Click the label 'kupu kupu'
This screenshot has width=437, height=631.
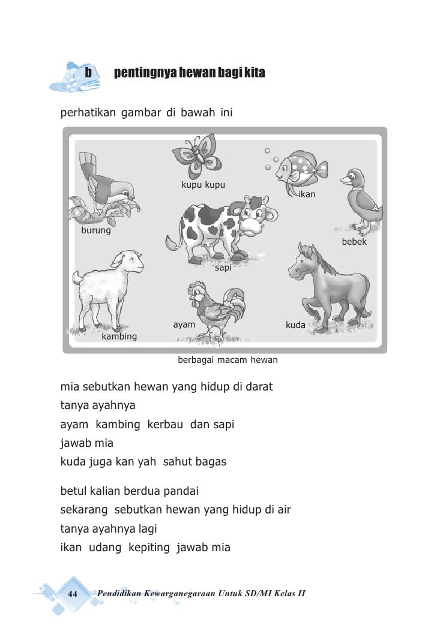point(203,185)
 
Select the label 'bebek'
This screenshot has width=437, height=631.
point(354,242)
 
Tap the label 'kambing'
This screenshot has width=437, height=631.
point(119,336)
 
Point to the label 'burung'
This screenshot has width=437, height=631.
point(96,230)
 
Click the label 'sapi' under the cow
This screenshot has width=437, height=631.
point(223,268)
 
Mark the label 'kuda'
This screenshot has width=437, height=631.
point(295,325)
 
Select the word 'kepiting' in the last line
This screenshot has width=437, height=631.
point(149,548)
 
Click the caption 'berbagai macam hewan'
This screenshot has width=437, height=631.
point(228,360)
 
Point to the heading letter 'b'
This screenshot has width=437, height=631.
point(88,73)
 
